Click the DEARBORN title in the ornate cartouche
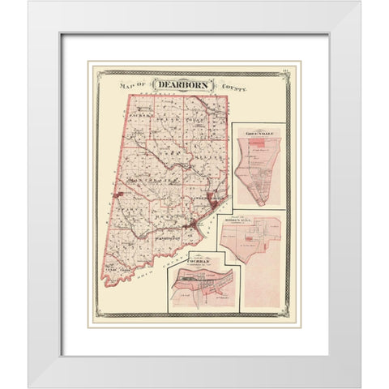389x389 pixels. click(x=183, y=83)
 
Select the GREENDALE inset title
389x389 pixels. click(x=258, y=134)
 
